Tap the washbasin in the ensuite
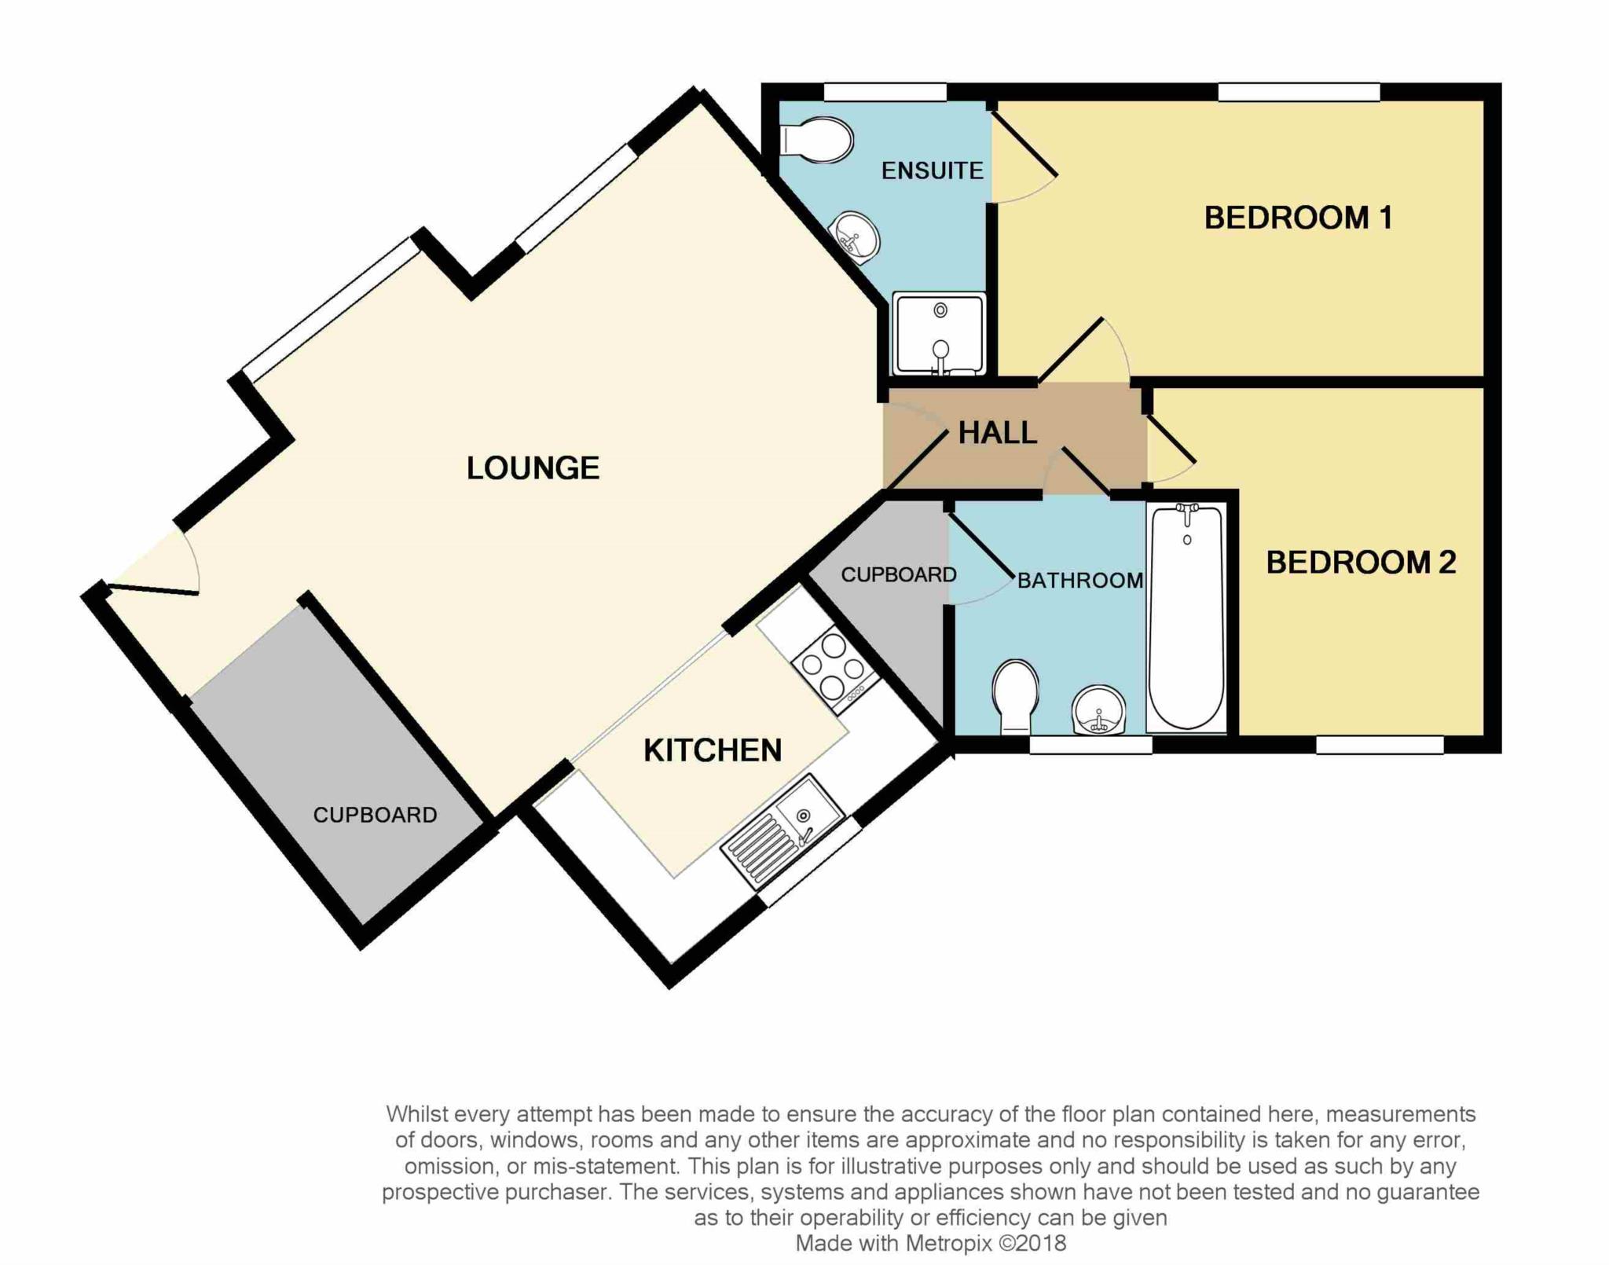click(x=855, y=233)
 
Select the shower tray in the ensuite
click(x=939, y=334)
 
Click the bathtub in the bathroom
click(x=1186, y=617)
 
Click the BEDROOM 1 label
click(x=1298, y=218)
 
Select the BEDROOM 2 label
click(x=1361, y=562)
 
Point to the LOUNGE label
click(x=533, y=468)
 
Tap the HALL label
click(x=997, y=433)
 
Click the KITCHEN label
click(x=713, y=750)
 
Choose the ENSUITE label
click(x=932, y=170)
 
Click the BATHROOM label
click(x=1080, y=581)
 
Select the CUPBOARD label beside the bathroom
click(x=899, y=575)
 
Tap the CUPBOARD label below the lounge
click(x=375, y=815)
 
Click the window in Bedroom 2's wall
click(x=1380, y=744)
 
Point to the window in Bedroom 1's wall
click(x=1299, y=93)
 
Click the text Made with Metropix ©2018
click(x=930, y=1243)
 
